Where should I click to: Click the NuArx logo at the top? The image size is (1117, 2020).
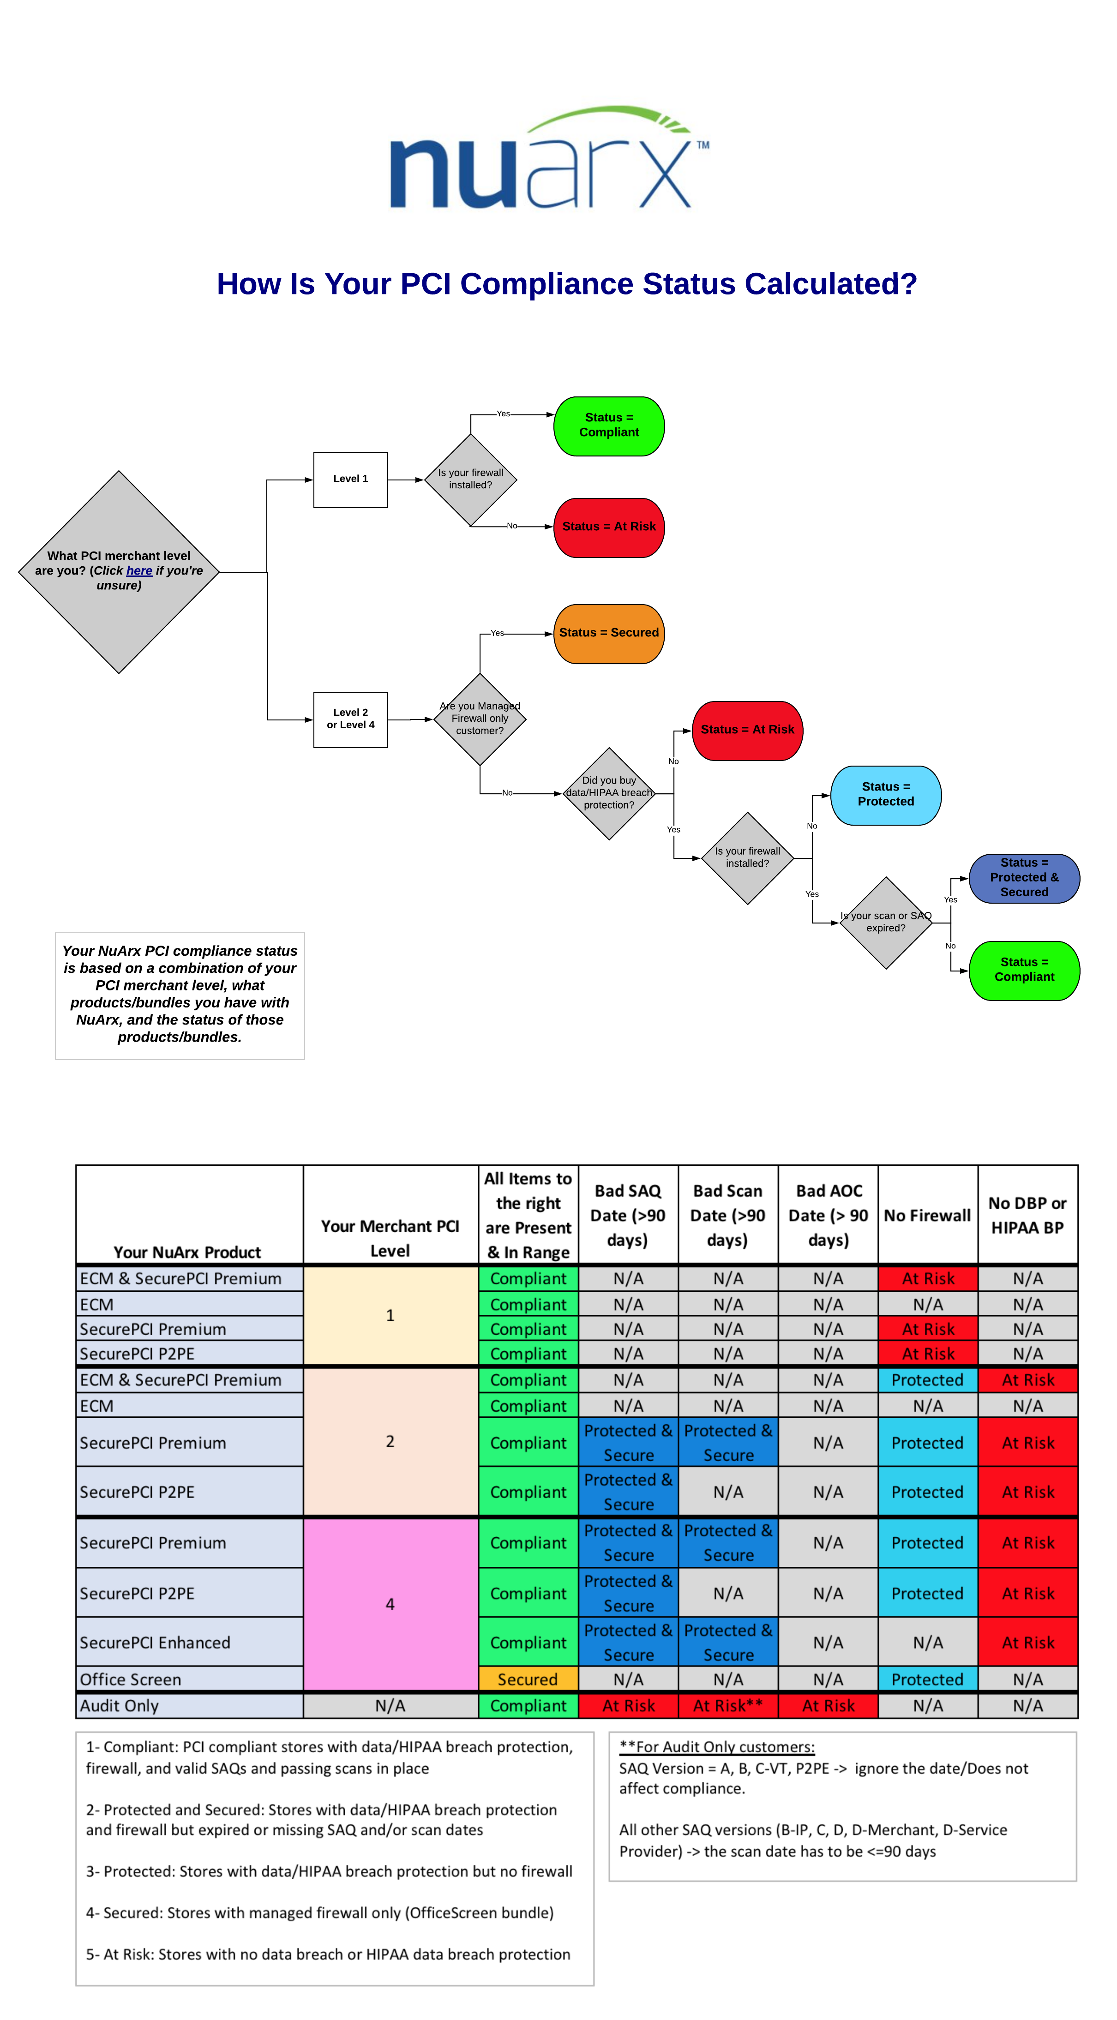pos(549,157)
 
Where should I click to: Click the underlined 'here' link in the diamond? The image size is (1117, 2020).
pos(139,571)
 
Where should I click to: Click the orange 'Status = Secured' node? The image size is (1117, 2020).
pos(609,634)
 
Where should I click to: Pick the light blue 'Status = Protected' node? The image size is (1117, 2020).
pos(886,795)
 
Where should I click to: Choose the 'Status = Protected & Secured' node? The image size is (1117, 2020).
pos(1024,878)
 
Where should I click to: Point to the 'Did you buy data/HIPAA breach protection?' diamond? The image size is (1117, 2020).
pos(609,794)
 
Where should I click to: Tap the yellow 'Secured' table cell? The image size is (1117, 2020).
pos(528,1679)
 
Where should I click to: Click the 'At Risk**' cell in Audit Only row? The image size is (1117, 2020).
pos(728,1706)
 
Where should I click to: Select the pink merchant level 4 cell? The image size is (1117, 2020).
pos(390,1604)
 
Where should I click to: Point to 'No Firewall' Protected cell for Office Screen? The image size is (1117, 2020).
pos(928,1679)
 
